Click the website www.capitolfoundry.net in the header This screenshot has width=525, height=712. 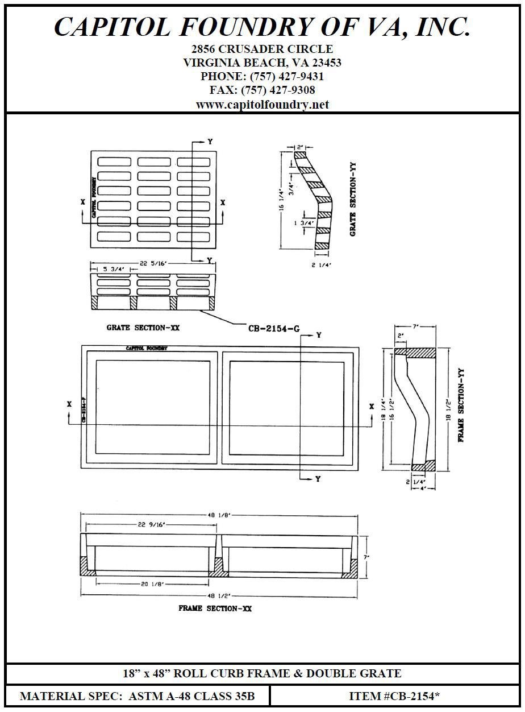tap(262, 105)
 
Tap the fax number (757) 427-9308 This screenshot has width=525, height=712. tap(278, 90)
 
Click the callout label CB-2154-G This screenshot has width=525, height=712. tap(274, 328)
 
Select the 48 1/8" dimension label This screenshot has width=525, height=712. tap(219, 515)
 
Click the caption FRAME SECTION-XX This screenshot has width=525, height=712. tap(215, 608)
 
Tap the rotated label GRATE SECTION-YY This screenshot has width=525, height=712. tap(353, 199)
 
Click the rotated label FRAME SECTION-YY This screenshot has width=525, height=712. tap(461, 405)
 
